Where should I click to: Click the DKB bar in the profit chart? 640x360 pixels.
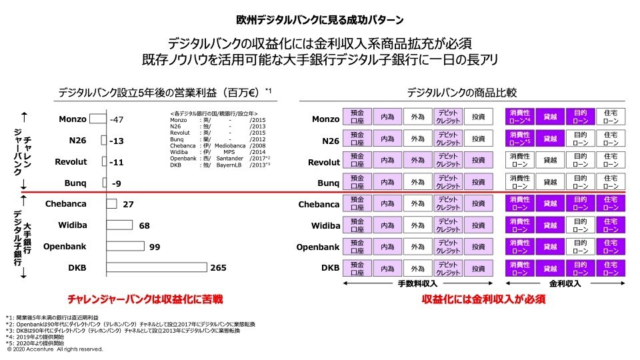coord(156,267)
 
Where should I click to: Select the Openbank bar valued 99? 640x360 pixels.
coord(125,247)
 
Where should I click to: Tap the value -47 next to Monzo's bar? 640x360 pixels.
coord(117,119)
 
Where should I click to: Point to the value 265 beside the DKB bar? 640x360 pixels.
coord(219,267)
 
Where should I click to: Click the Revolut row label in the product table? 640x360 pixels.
coord(323,162)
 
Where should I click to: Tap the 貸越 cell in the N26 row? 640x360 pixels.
coord(550,139)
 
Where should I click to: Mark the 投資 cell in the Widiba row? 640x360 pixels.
coord(478,225)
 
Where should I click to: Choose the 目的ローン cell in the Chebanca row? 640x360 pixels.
coord(580,204)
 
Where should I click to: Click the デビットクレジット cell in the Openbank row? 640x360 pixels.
coord(447,247)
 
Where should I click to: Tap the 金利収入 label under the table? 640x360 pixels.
coord(565,283)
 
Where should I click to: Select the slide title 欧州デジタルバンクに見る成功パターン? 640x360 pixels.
coord(319,19)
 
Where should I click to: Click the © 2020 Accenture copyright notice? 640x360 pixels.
coord(55,348)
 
